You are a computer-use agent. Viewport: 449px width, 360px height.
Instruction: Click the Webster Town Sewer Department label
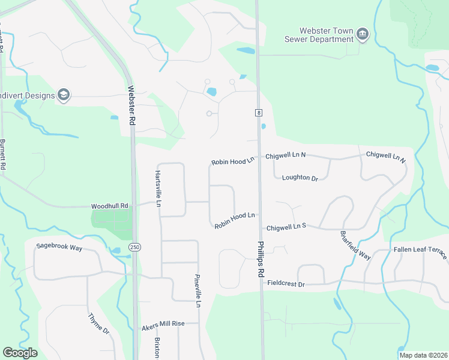click(x=318, y=35)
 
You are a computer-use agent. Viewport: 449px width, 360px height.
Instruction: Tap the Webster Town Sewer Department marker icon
click(x=362, y=34)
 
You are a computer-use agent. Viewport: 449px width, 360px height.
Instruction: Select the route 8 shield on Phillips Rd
click(x=258, y=112)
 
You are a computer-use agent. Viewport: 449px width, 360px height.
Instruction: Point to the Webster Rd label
click(x=131, y=106)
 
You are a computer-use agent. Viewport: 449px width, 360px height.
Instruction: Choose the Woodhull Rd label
click(x=110, y=206)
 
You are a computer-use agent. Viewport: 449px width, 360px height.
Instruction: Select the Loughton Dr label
click(x=299, y=178)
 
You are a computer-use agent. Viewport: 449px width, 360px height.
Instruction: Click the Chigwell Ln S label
click(x=286, y=227)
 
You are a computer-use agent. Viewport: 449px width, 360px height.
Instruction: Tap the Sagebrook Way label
click(x=59, y=247)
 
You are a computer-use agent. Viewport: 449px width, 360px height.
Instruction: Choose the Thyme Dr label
click(x=98, y=323)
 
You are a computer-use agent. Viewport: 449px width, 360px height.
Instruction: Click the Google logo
click(x=20, y=353)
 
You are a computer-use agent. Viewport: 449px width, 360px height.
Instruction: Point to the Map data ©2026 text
click(x=423, y=355)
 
